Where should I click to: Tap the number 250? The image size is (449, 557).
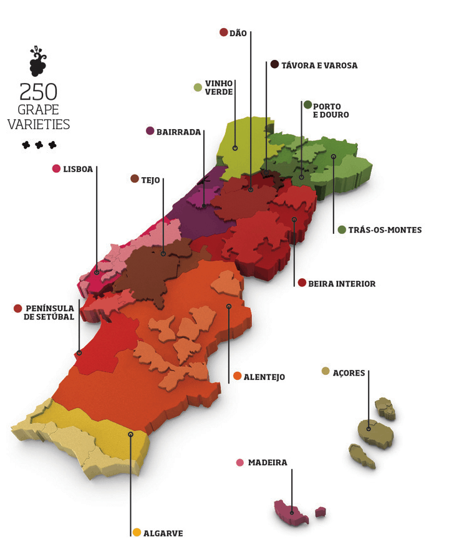[x=39, y=92]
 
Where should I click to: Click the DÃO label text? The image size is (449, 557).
[x=238, y=32]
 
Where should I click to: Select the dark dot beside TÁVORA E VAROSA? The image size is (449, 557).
[x=275, y=64]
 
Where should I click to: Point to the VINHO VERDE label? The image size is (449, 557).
[x=219, y=87]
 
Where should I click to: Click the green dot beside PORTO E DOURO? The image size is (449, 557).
[x=307, y=105]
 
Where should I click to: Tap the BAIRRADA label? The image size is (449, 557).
[x=178, y=132]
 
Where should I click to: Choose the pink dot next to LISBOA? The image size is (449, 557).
[x=56, y=168]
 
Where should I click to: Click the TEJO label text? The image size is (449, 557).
[x=151, y=180]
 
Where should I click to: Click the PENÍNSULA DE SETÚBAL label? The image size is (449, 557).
[x=50, y=312]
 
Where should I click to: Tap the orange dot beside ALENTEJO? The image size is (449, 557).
[x=237, y=376]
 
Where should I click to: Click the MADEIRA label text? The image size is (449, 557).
[x=268, y=463]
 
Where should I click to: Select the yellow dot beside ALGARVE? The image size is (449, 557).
[x=137, y=533]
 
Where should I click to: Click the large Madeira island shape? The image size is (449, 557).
[x=291, y=513]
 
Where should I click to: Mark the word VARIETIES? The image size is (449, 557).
[x=39, y=124]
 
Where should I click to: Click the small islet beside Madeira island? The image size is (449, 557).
[x=321, y=512]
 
